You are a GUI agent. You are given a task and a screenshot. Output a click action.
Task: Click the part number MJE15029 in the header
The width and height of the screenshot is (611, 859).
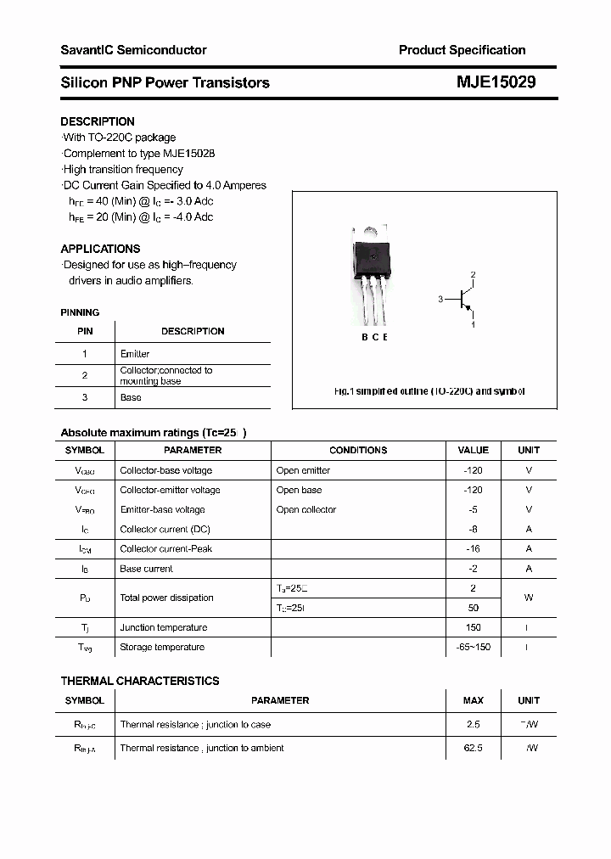[497, 82]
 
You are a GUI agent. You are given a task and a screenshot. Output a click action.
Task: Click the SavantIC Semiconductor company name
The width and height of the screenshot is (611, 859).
[133, 50]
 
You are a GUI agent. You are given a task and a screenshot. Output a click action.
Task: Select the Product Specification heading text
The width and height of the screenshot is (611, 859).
[462, 50]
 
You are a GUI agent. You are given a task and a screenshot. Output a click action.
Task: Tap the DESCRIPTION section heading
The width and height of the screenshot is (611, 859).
[98, 121]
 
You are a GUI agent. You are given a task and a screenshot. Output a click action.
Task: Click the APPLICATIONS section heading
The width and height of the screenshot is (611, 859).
[100, 249]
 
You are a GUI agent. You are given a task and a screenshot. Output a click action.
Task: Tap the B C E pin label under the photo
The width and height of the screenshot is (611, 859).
[373, 337]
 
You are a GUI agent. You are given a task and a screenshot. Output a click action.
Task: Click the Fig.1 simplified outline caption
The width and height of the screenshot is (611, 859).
[429, 391]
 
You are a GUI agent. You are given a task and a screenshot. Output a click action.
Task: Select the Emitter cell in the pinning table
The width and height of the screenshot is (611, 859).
[135, 353]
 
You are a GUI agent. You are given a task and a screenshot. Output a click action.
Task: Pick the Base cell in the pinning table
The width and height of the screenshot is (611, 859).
[131, 397]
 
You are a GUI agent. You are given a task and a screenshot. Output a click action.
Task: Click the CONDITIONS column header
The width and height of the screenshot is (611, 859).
[358, 450]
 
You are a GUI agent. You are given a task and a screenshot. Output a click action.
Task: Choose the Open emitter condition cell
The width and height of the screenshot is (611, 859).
[303, 470]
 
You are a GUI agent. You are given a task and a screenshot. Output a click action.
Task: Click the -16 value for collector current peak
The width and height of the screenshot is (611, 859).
[473, 549]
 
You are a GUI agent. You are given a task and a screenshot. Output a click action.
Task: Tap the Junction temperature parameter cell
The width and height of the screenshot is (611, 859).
[163, 627]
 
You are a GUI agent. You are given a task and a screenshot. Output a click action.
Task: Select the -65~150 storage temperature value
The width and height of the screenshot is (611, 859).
[473, 647]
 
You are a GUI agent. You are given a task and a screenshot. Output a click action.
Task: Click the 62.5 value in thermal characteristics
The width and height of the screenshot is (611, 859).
[473, 748]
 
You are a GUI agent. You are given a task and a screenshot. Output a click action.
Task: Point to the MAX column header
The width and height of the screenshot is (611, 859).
[473, 700]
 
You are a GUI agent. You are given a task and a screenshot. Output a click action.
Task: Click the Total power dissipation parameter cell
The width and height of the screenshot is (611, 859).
[166, 598]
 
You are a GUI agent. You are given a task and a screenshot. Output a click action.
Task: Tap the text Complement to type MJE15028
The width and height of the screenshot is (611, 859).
[139, 154]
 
